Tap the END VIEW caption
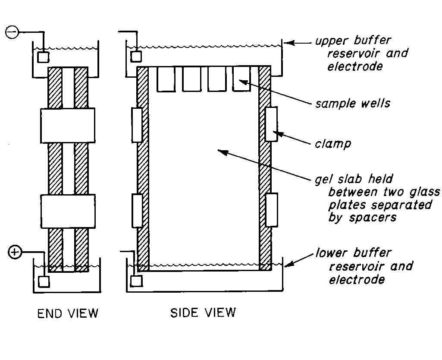tap(68, 313)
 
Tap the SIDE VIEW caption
tap(203, 312)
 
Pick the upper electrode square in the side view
tap(136, 56)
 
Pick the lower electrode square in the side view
tap(136, 281)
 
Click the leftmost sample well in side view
tap(165, 79)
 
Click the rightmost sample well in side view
tap(241, 79)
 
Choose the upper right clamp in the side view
tap(272, 124)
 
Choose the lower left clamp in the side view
tap(137, 211)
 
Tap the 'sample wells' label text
tap(352, 104)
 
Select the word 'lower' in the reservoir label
tap(332, 253)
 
